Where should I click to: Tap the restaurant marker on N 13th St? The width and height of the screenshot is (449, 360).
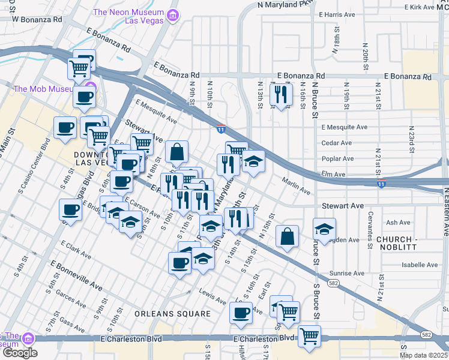[x=280, y=94]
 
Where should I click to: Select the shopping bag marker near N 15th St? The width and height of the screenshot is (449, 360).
[x=288, y=236]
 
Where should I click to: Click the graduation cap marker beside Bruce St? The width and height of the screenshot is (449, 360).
[x=324, y=229]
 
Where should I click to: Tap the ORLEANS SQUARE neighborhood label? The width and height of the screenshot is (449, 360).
[x=172, y=314]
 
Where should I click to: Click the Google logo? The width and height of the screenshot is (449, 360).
[x=19, y=353]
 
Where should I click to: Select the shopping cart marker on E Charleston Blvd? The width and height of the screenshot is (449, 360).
[x=309, y=336]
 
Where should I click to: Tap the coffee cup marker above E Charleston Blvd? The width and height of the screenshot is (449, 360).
[x=241, y=313]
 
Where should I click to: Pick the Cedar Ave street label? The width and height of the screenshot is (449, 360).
[x=337, y=143]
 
